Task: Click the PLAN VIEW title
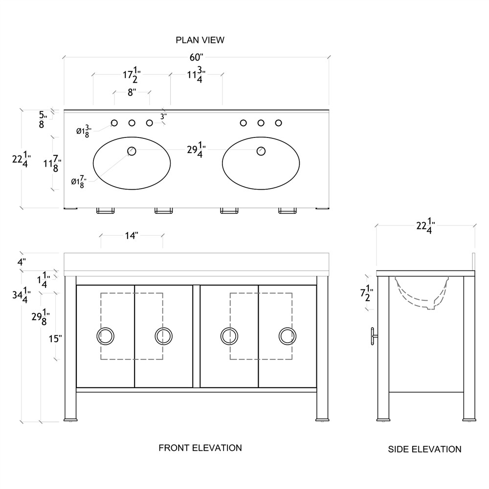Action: (200, 40)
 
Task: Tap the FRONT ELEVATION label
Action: (200, 447)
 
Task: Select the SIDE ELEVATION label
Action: (424, 449)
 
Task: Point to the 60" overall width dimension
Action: (196, 57)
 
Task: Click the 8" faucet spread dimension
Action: (132, 92)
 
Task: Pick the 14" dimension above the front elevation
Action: (132, 236)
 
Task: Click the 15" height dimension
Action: (55, 339)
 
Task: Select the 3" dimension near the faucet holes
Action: (164, 116)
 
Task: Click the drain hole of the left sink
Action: (132, 151)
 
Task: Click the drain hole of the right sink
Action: (261, 151)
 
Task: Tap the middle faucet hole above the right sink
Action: (261, 123)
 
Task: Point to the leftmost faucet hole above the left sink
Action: (114, 123)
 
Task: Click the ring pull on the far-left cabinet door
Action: (106, 336)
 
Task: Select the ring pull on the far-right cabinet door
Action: (288, 336)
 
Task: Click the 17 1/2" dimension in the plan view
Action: (132, 76)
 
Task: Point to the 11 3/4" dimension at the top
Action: (196, 76)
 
